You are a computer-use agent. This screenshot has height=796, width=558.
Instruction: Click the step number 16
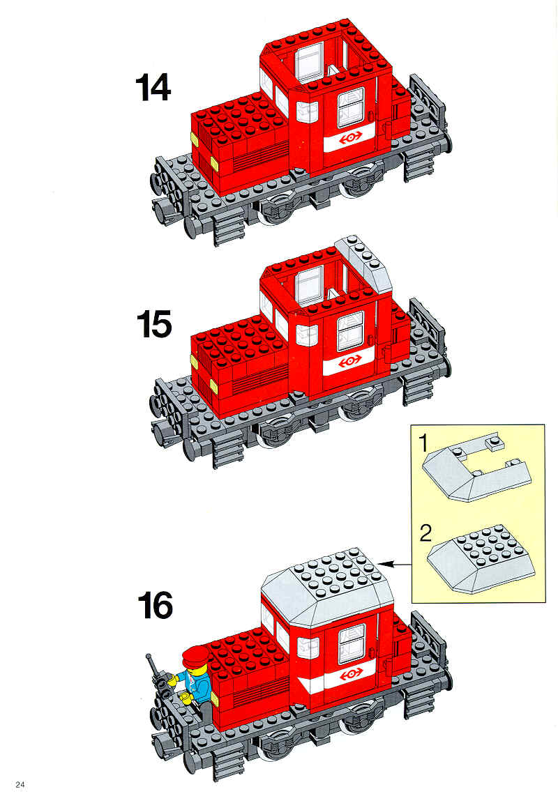[155, 605]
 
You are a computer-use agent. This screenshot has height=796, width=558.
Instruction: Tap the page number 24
[20, 784]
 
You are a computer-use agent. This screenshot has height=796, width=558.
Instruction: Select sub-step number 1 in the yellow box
[424, 443]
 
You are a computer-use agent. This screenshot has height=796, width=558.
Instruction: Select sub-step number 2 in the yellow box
[426, 533]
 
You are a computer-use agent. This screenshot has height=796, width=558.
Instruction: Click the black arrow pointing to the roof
[394, 563]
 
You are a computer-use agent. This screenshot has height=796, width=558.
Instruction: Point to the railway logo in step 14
[350, 137]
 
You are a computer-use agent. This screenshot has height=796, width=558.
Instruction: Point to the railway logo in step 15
[349, 362]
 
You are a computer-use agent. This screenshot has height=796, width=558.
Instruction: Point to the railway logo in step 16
[351, 673]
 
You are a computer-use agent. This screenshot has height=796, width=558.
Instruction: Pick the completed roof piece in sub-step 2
[481, 558]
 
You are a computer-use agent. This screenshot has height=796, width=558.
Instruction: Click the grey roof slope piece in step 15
[363, 263]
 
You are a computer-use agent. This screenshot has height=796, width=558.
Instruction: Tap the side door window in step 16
[352, 644]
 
